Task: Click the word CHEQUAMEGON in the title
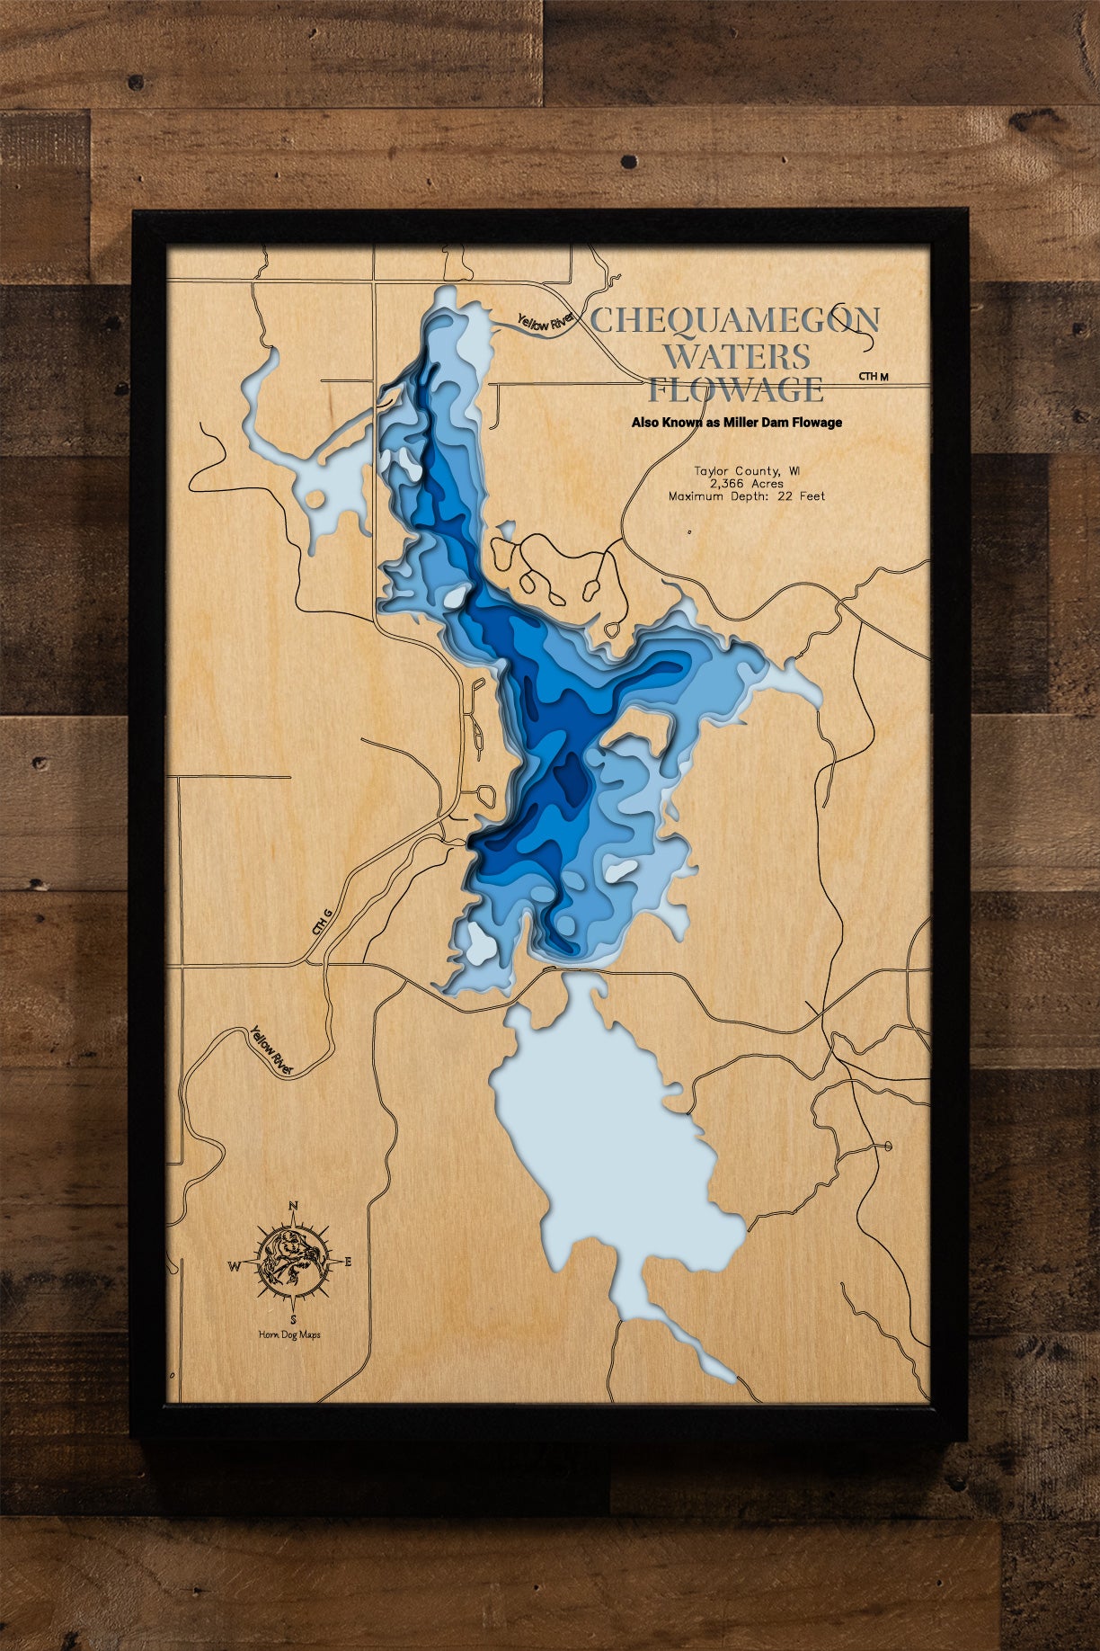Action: [x=734, y=320]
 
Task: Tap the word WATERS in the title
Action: [x=737, y=356]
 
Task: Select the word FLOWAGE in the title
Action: [x=736, y=390]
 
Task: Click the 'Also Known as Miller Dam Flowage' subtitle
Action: [x=736, y=422]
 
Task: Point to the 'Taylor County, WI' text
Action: [x=747, y=470]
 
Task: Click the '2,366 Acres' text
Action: [x=746, y=483]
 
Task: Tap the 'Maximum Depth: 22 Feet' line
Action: [x=746, y=495]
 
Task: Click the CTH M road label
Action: [x=873, y=376]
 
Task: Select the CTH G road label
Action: [x=322, y=922]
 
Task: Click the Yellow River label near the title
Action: [x=546, y=321]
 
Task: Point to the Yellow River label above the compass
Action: [x=272, y=1050]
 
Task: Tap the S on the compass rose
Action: [x=293, y=1319]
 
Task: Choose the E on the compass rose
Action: [x=348, y=1262]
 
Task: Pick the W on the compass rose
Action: [x=234, y=1267]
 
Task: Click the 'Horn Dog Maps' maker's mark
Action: [x=288, y=1334]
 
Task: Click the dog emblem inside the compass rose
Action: [x=290, y=1261]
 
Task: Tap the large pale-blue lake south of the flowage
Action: [x=611, y=1151]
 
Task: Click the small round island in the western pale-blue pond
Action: [x=315, y=498]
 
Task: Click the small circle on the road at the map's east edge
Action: [x=888, y=1146]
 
